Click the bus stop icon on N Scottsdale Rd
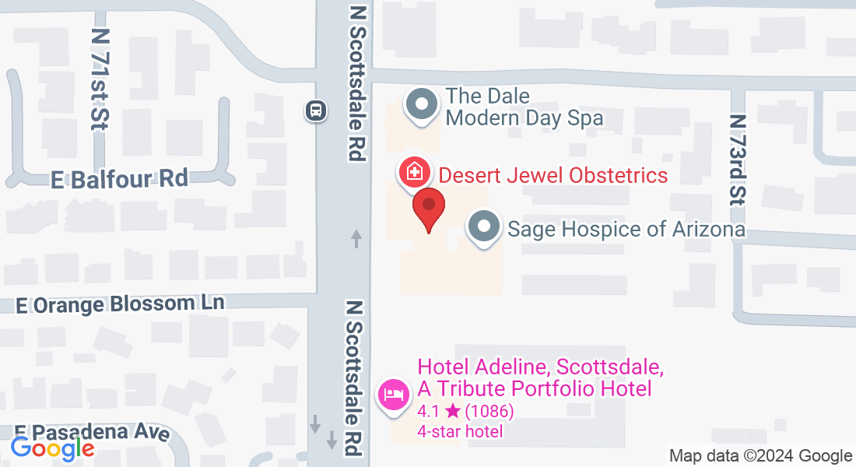tap(315, 111)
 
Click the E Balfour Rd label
tap(120, 179)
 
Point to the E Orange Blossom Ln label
tap(120, 304)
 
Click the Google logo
tap(52, 448)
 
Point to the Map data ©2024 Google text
tap(761, 456)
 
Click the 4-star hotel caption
tap(459, 431)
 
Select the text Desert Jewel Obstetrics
tap(553, 174)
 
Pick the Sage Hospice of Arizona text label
tap(626, 229)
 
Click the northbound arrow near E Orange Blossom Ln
tap(356, 238)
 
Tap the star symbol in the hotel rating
tap(452, 411)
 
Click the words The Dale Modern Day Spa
tap(524, 107)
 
